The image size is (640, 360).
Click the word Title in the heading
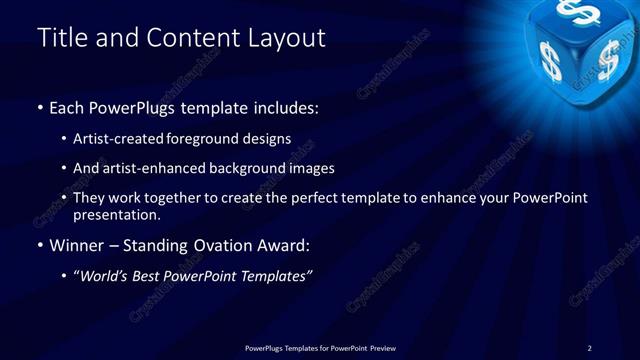coord(60,38)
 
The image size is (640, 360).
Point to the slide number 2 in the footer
coord(589,347)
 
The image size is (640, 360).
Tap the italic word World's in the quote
coord(105,275)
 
